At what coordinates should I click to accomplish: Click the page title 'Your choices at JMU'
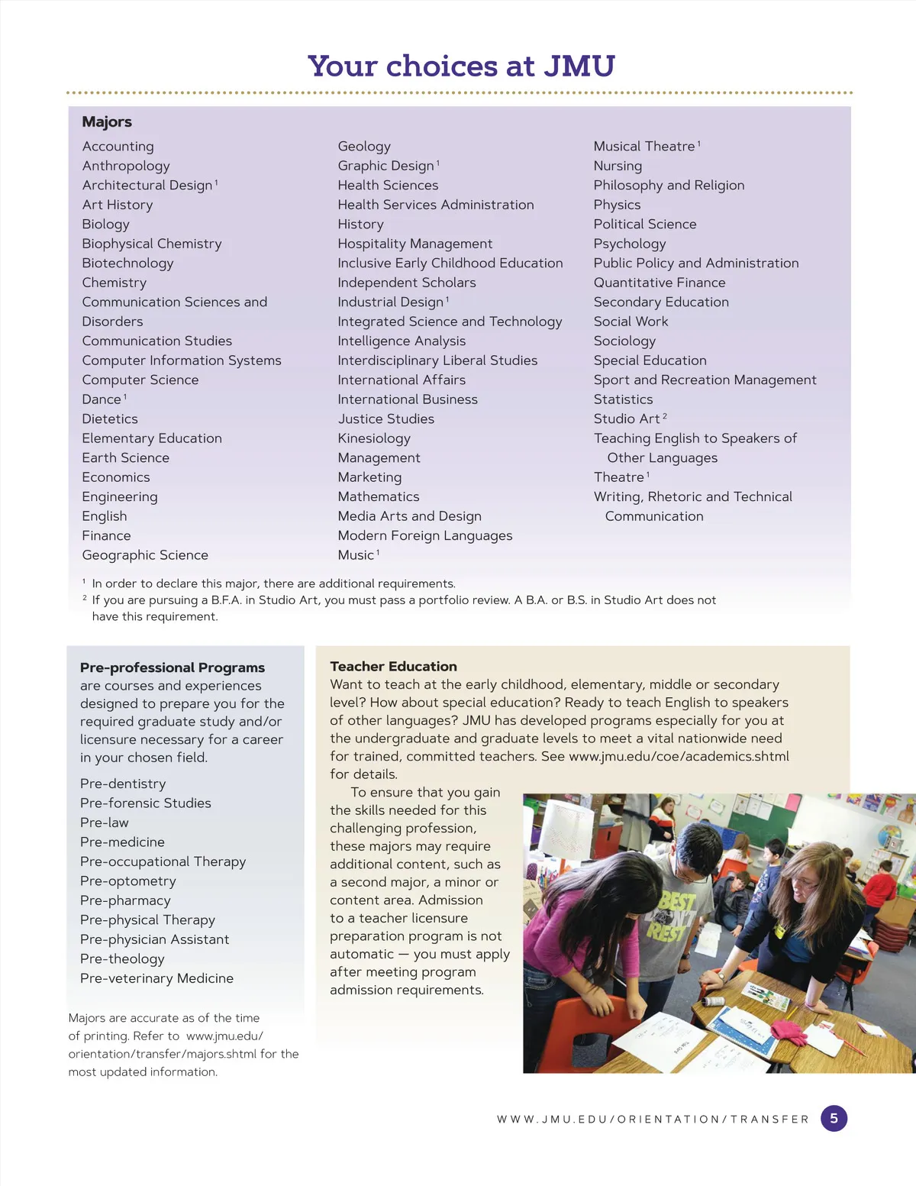(x=461, y=66)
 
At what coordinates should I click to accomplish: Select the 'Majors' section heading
(x=107, y=122)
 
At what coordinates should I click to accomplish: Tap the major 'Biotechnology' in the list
(x=127, y=263)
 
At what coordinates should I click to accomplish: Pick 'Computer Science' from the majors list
(x=140, y=380)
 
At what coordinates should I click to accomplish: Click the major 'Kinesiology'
(x=374, y=438)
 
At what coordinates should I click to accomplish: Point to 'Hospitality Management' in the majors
(x=414, y=244)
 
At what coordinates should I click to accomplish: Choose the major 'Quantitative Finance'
(x=660, y=283)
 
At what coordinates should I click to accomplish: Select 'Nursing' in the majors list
(x=618, y=166)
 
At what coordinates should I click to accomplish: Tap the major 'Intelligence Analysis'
(x=402, y=341)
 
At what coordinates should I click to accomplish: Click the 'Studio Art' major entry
(x=627, y=418)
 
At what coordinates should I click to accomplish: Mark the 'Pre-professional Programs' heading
(x=173, y=667)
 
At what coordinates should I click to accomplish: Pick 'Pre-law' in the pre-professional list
(x=105, y=822)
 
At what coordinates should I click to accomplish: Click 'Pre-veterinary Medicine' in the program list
(x=156, y=978)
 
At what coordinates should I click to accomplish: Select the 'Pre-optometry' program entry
(x=127, y=881)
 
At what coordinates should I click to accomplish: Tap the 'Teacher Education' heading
(x=393, y=667)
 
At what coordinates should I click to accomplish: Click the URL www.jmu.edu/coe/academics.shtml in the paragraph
(x=679, y=756)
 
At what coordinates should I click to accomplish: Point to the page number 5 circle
(x=834, y=1119)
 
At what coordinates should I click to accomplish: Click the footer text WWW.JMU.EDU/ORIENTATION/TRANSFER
(x=653, y=1120)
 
